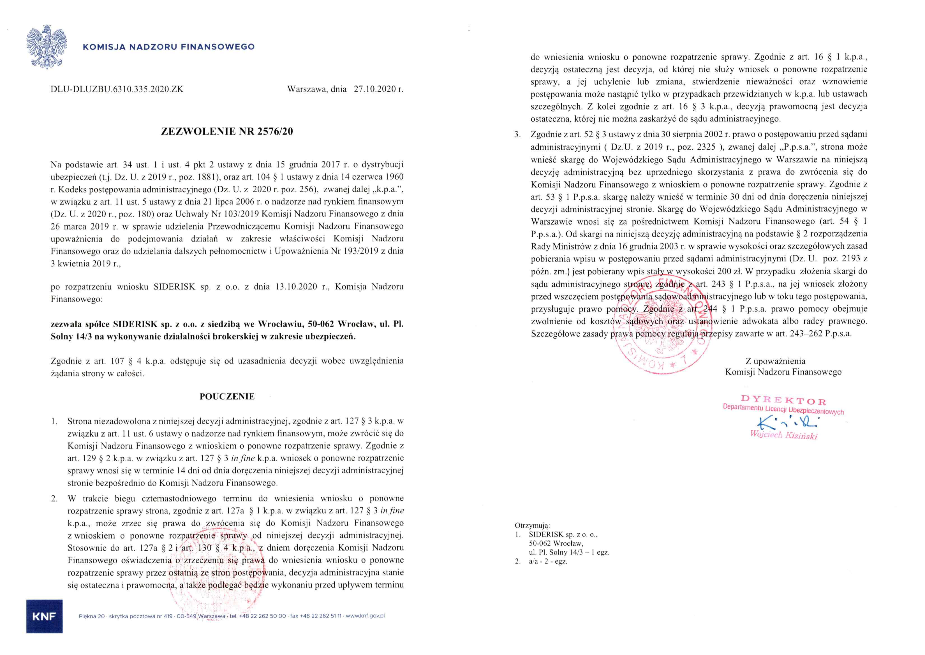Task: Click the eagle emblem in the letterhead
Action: click(47, 47)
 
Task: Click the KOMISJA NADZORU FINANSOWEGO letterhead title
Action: click(169, 47)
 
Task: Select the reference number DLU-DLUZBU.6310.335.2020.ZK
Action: click(117, 89)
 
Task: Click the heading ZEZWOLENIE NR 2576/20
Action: click(227, 131)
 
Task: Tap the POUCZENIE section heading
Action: click(227, 397)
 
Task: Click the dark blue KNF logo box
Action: click(44, 616)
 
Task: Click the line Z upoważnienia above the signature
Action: click(775, 361)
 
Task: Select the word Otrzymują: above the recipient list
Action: click(532, 526)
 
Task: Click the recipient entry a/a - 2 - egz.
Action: click(548, 561)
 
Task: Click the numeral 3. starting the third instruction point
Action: click(517, 134)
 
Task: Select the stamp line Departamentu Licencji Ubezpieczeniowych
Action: click(783, 410)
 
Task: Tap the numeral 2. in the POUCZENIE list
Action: click(54, 499)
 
